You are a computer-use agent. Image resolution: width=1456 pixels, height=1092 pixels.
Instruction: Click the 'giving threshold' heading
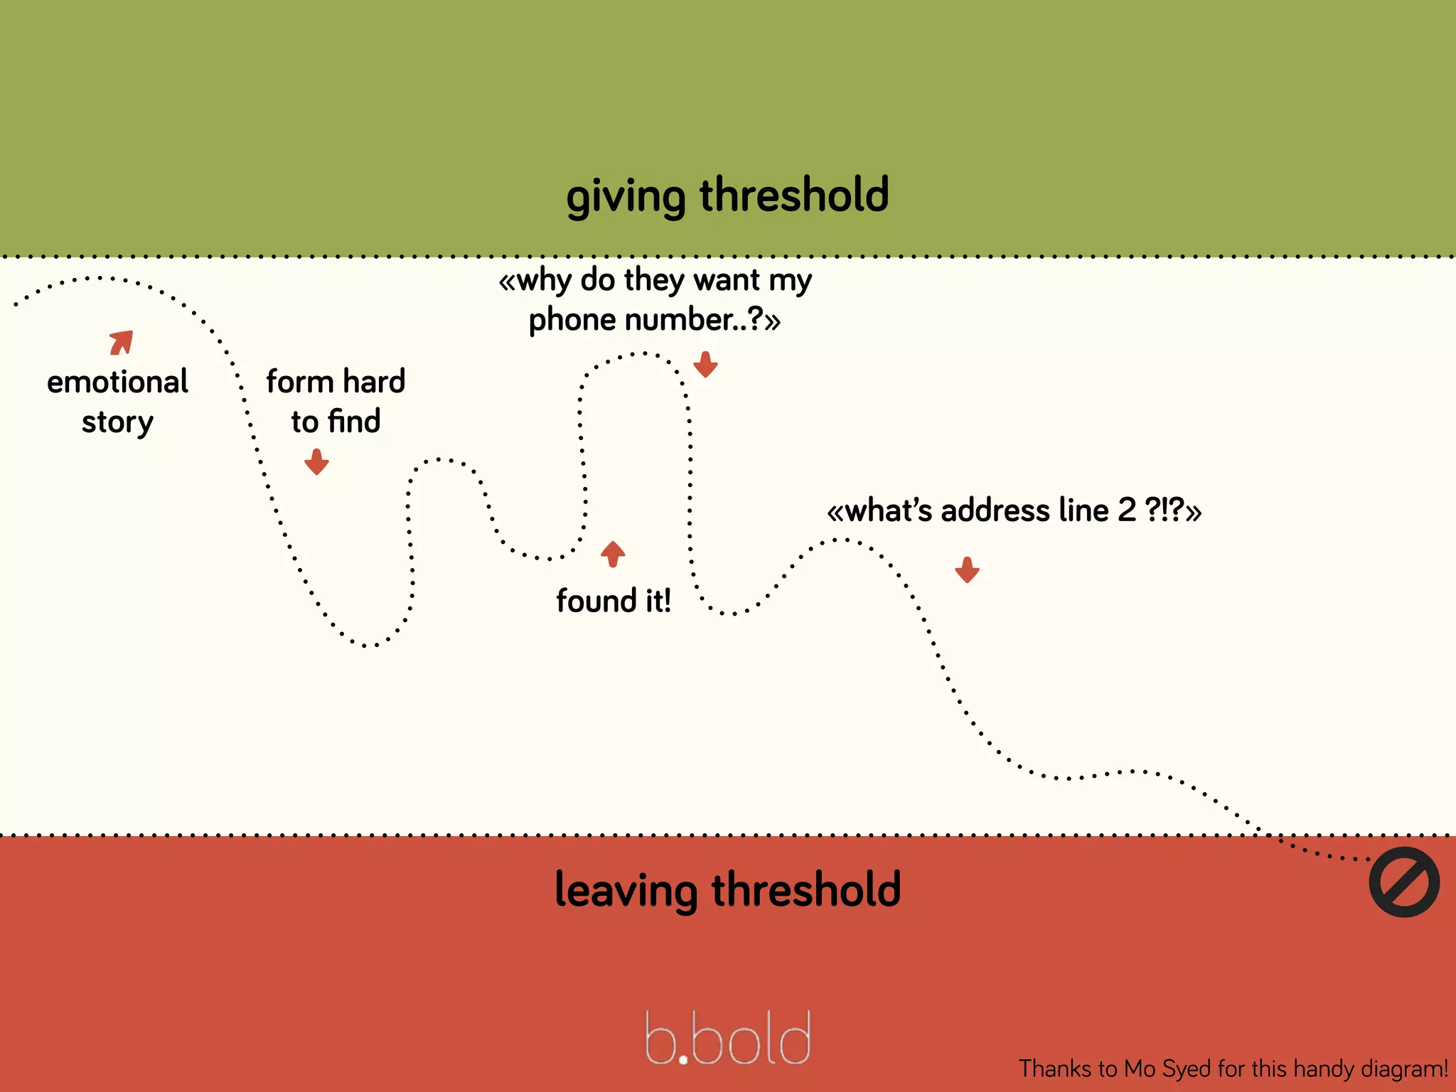pos(727,196)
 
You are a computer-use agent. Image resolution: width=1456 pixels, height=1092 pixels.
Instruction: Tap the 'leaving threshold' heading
pos(727,889)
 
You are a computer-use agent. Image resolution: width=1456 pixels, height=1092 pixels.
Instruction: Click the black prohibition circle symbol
pos(1404,882)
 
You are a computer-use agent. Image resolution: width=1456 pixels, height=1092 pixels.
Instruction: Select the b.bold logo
pos(727,1039)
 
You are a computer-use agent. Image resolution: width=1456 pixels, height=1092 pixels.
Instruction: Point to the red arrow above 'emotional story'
pos(122,342)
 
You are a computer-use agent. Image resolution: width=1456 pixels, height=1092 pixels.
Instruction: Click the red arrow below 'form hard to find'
pos(316,461)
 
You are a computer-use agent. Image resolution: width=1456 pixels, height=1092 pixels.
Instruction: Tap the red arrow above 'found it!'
pos(613,553)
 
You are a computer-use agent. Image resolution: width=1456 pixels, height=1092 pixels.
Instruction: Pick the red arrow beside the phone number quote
pos(705,364)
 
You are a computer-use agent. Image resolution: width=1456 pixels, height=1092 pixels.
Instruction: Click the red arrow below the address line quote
pos(967,569)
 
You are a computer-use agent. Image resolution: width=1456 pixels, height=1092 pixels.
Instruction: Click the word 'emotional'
pos(117,382)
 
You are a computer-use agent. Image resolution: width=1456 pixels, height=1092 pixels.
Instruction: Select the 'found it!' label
pos(614,601)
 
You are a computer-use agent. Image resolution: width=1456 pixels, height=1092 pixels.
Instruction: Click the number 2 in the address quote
pos(1127,510)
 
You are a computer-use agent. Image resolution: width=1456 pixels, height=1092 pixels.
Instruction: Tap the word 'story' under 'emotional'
pos(117,422)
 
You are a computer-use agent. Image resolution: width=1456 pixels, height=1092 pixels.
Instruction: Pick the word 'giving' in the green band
pos(626,197)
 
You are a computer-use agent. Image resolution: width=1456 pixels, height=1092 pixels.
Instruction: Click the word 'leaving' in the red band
pos(626,891)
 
